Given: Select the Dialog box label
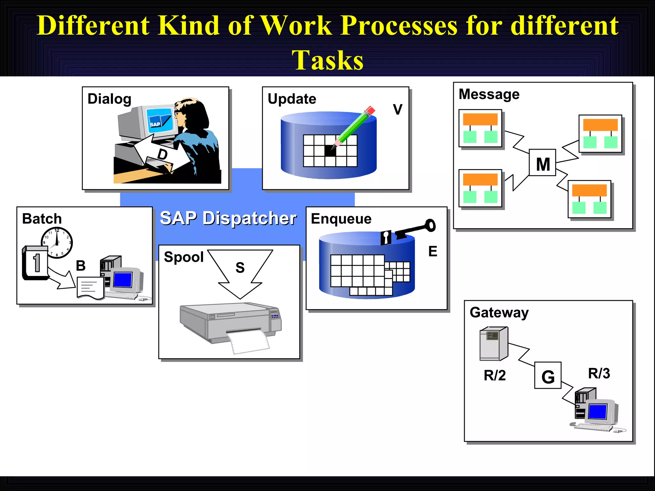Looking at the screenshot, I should coord(109,99).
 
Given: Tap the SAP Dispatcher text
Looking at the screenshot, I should coord(228,218).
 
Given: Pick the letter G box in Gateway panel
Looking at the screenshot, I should coord(548,376).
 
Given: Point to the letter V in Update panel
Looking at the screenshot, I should coord(398,110).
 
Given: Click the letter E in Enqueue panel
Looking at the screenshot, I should coord(432,252).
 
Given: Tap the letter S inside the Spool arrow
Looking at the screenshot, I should coord(240,268).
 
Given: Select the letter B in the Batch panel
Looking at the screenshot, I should coord(81,266).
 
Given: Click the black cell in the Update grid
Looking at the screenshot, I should coord(330,151).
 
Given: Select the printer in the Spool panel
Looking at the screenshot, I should coord(230,323).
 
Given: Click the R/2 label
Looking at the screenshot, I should coord(494,376).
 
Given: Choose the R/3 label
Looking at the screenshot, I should coord(599,373).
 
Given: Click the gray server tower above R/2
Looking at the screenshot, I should coord(493,344).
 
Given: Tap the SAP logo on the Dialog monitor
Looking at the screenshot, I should coord(155,124).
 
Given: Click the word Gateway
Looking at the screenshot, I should coord(499,312).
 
